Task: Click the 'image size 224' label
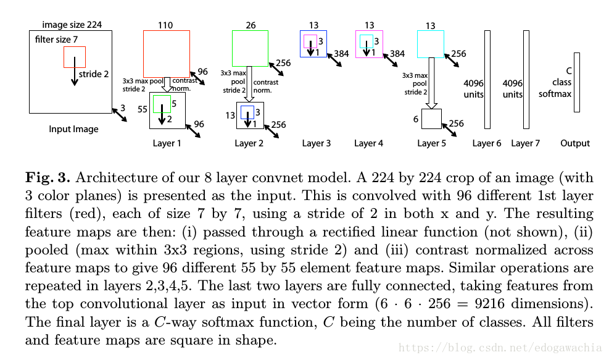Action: coord(72,25)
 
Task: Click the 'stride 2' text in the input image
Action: coord(94,74)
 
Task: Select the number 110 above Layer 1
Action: coord(165,25)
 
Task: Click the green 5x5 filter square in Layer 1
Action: coord(162,104)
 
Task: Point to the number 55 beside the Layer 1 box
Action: coord(142,109)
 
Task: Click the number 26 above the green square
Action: coord(250,25)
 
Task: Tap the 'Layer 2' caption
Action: coord(249,143)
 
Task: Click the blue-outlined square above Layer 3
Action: coord(314,43)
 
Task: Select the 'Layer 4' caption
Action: coord(369,143)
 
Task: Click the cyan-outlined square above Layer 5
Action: coord(431,44)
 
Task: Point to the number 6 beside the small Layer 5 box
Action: coord(416,118)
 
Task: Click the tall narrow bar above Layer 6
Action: coord(487,79)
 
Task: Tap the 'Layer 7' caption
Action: coord(525,143)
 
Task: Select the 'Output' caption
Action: coord(575,143)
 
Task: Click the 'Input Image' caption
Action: coord(73,129)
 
